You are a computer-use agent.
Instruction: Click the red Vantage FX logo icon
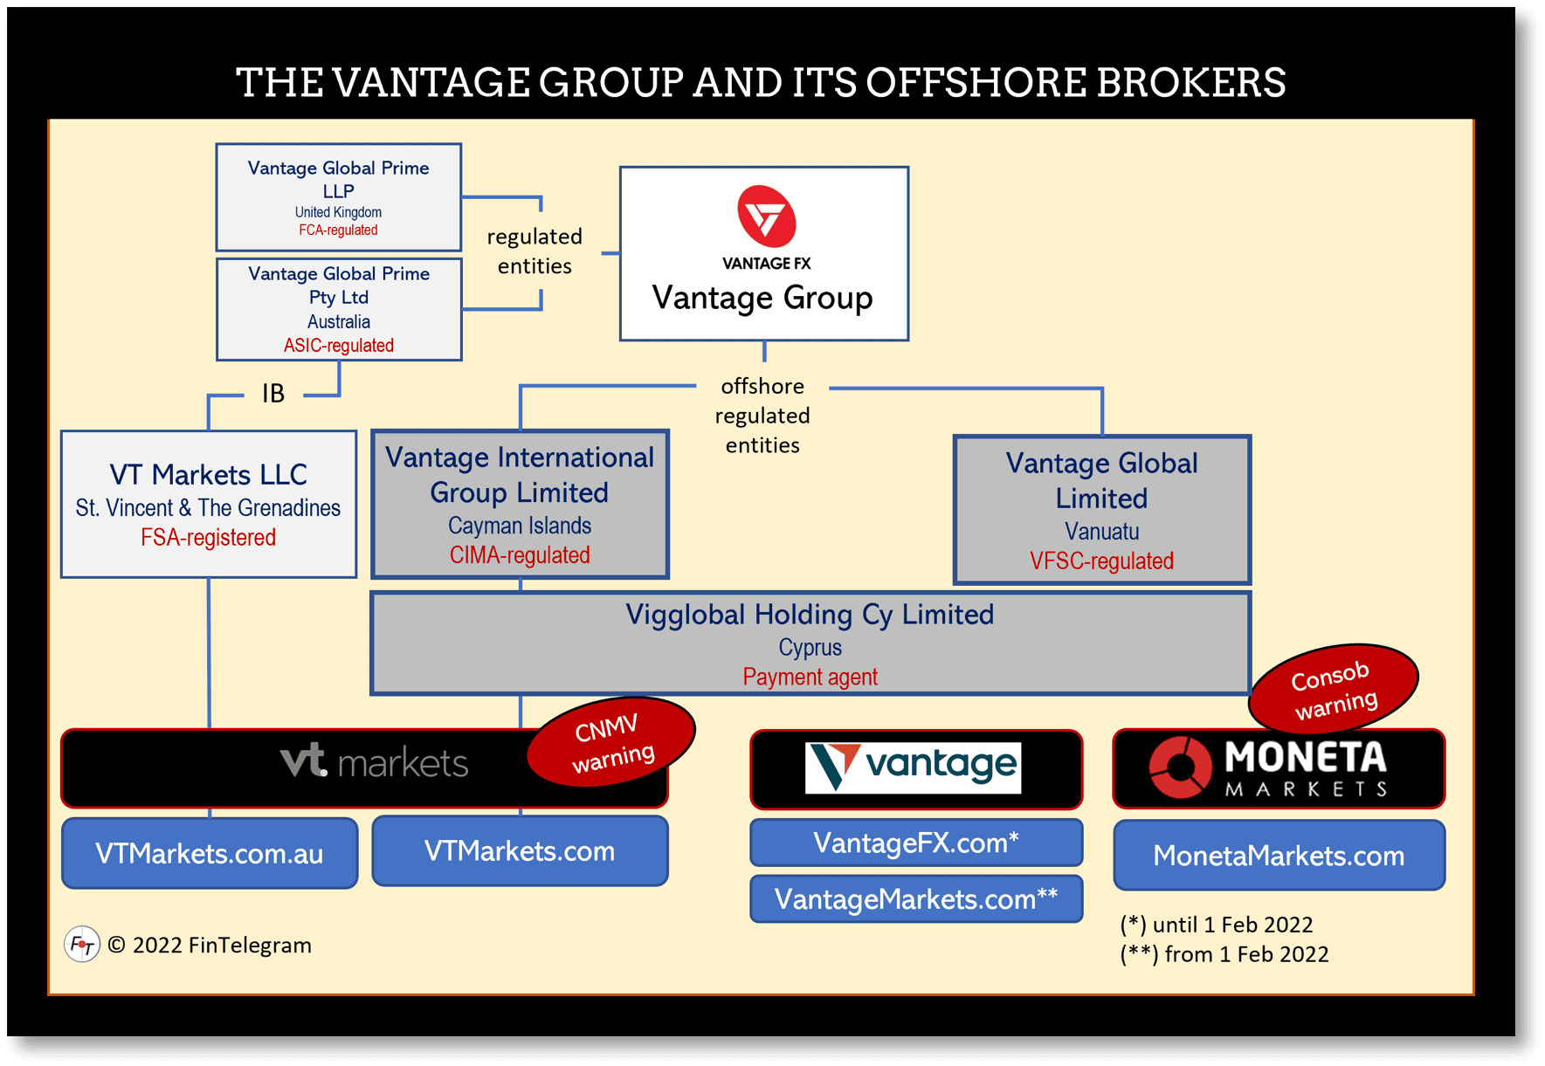click(x=766, y=216)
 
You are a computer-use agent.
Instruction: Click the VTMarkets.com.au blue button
click(x=210, y=853)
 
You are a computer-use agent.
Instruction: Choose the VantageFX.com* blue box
click(x=916, y=842)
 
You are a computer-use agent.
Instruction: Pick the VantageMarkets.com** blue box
click(x=916, y=899)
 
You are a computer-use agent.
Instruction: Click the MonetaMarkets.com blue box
click(x=1279, y=856)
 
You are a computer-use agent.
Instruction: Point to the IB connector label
click(x=273, y=394)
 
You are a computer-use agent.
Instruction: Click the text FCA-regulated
click(x=338, y=230)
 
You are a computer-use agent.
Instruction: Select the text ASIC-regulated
click(x=338, y=346)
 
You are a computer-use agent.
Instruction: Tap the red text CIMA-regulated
click(x=520, y=555)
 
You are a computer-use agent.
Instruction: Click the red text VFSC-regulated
click(x=1101, y=561)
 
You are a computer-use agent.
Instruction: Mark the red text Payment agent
click(x=810, y=677)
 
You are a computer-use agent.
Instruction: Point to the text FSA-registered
click(x=208, y=538)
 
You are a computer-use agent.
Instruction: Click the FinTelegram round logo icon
click(x=82, y=945)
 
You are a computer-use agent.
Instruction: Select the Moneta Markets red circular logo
click(x=1180, y=767)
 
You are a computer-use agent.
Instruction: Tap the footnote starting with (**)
click(x=1224, y=954)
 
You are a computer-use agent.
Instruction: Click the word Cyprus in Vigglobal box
click(x=810, y=648)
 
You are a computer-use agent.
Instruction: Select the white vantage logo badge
click(x=913, y=767)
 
